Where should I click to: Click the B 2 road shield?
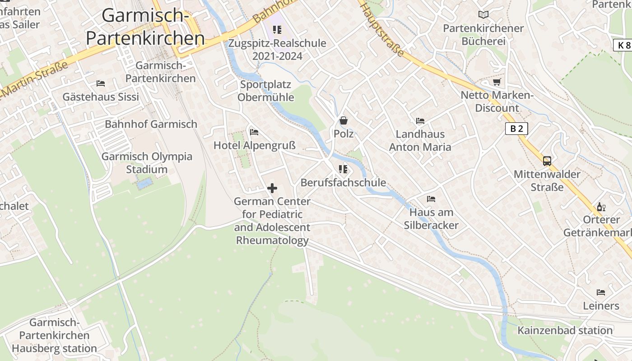tap(516, 129)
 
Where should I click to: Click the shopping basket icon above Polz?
tap(344, 120)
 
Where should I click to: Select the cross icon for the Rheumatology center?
tap(272, 188)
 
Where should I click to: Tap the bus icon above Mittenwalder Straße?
tap(547, 161)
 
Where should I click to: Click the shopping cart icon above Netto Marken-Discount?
tap(497, 82)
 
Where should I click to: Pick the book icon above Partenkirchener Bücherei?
tap(483, 15)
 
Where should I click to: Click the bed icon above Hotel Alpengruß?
tap(254, 132)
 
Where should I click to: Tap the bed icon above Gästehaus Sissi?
tap(101, 83)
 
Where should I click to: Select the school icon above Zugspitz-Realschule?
tap(277, 30)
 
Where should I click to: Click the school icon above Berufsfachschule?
tap(343, 169)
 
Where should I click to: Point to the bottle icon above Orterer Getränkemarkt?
tap(601, 207)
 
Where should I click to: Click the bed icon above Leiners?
tap(601, 292)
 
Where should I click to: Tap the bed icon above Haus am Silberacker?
tap(431, 199)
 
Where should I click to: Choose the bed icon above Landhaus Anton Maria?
tap(420, 121)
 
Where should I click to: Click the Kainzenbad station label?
tap(565, 330)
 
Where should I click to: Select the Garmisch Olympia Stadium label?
tap(147, 163)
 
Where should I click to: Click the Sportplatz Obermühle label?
tap(265, 91)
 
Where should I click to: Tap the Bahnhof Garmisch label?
tap(151, 124)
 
